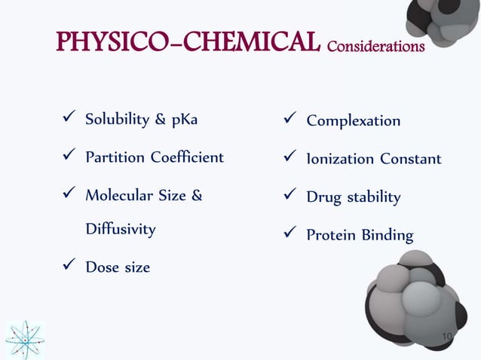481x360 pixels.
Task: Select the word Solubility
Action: click(x=115, y=120)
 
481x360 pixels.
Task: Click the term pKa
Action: click(x=188, y=120)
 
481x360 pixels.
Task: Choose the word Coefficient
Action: click(x=185, y=157)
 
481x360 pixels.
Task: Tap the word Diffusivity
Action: click(x=120, y=228)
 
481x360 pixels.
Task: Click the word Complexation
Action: click(x=353, y=121)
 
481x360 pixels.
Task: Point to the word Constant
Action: click(x=410, y=159)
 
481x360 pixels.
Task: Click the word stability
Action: click(x=374, y=197)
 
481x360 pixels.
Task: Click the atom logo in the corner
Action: click(x=25, y=340)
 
